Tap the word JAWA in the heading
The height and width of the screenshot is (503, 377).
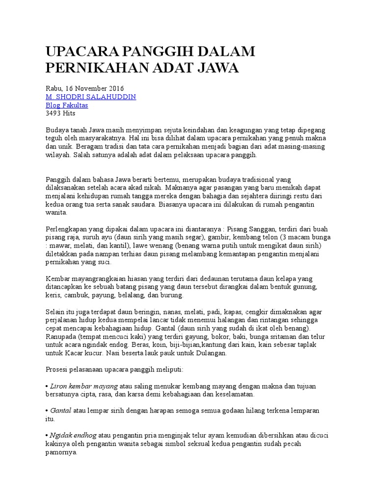tap(218, 68)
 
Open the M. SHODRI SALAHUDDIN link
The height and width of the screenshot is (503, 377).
tap(90, 97)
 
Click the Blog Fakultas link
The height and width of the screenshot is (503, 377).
tap(67, 105)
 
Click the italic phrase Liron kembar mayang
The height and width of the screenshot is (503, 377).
tap(83, 387)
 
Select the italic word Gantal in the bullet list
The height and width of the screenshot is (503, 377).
tap(61, 411)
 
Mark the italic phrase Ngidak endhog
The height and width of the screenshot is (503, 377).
tap(73, 436)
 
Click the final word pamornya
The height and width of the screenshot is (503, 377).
tap(61, 452)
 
